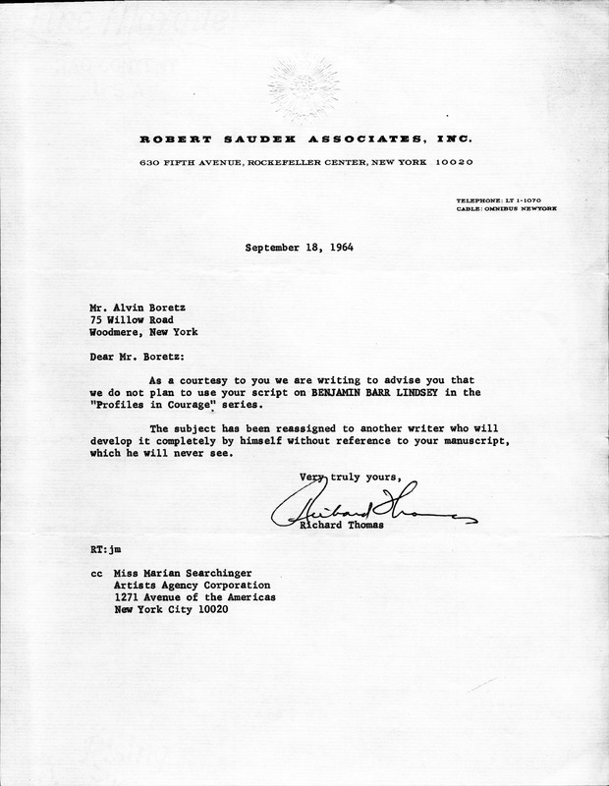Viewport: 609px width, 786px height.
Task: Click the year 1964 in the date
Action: pos(337,248)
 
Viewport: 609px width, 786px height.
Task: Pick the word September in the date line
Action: pos(269,248)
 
